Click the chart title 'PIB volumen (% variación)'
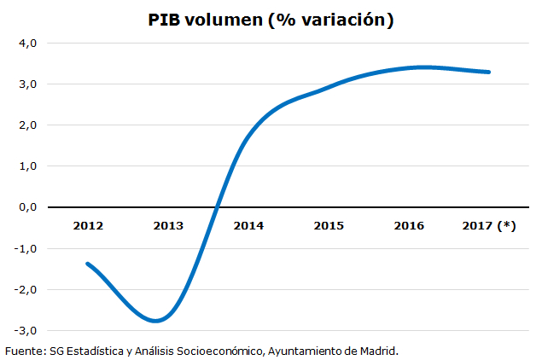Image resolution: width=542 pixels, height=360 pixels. [x=271, y=20]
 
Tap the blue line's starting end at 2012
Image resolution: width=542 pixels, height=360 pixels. [x=88, y=264]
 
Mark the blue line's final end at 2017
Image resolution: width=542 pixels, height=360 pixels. [x=489, y=72]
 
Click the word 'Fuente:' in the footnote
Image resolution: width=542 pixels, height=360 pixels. [x=24, y=351]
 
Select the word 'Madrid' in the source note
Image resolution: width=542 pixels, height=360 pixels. [x=378, y=351]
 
